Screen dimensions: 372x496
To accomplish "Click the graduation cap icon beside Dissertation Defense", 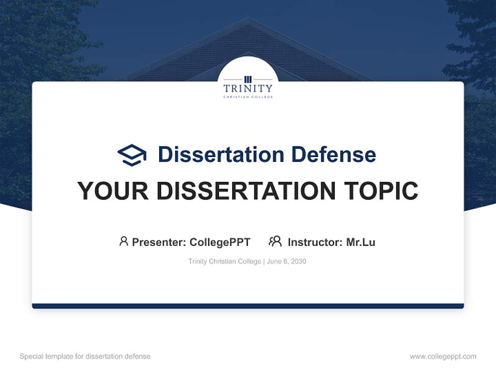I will [x=132, y=154].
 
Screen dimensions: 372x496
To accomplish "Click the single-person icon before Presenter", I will [x=123, y=241].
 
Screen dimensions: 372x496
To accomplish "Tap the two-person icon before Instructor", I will [x=275, y=241].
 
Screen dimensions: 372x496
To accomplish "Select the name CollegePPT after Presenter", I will [x=220, y=242].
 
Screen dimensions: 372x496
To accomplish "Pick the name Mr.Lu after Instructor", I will [x=361, y=242].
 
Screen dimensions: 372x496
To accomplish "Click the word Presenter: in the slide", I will [x=159, y=242].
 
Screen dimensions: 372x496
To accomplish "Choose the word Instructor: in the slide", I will [x=315, y=242].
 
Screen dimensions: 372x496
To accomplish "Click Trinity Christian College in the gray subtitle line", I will [x=225, y=261].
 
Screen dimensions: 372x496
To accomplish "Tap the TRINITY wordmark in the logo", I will [x=248, y=88].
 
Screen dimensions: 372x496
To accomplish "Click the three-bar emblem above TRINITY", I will [x=248, y=79].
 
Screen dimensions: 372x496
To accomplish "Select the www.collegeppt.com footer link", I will [x=443, y=357].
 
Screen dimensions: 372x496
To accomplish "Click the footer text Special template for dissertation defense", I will [x=85, y=357].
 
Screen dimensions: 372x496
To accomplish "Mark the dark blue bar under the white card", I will [x=248, y=306].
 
